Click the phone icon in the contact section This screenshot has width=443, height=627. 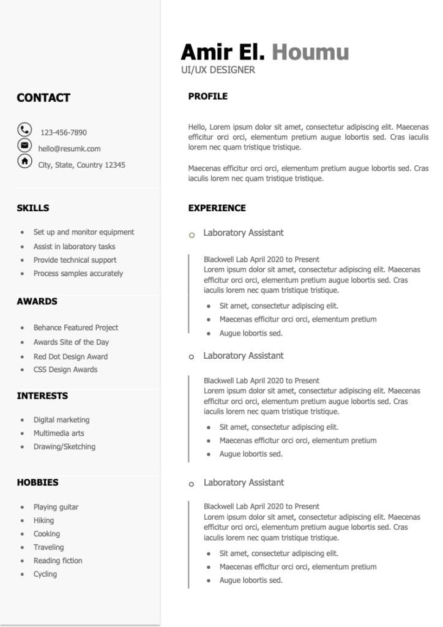pyautogui.click(x=24, y=129)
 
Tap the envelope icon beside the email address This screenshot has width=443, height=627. pyautogui.click(x=24, y=145)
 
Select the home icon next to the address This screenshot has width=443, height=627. pyautogui.click(x=24, y=161)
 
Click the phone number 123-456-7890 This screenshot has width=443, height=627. pyautogui.click(x=64, y=132)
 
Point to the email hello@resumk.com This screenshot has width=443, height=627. pyautogui.click(x=69, y=149)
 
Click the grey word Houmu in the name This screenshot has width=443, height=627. pyautogui.click(x=310, y=52)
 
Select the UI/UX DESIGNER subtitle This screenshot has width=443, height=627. pyautogui.click(x=218, y=70)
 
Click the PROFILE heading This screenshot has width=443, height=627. pyautogui.click(x=207, y=96)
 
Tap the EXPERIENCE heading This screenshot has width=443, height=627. pyautogui.click(x=217, y=208)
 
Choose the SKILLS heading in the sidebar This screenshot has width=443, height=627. pyautogui.click(x=33, y=208)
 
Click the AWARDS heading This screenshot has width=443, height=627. pyautogui.click(x=37, y=301)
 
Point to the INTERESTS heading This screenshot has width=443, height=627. pyautogui.click(x=42, y=396)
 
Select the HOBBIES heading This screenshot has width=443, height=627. pyautogui.click(x=38, y=482)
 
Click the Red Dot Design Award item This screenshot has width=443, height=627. pyautogui.click(x=70, y=356)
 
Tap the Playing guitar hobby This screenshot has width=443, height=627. pyautogui.click(x=56, y=507)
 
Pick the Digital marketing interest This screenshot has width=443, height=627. pyautogui.click(x=61, y=420)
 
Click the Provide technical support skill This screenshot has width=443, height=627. pyautogui.click(x=75, y=260)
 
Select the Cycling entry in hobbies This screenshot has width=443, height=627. pyautogui.click(x=45, y=574)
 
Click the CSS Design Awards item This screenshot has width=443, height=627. pyautogui.click(x=65, y=370)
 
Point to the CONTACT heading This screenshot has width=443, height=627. pyautogui.click(x=43, y=98)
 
